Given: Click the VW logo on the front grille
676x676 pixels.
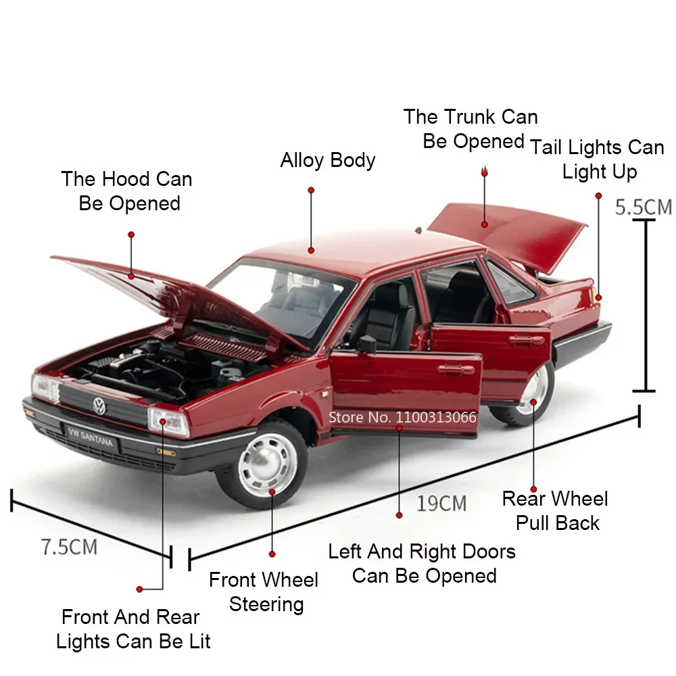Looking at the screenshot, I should click(99, 406).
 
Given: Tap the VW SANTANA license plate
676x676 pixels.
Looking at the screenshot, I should click(90, 435).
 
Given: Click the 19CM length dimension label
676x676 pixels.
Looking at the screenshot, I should click(441, 504).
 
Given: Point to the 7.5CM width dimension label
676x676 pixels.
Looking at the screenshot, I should click(69, 547).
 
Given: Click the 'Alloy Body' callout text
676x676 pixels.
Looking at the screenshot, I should click(328, 161).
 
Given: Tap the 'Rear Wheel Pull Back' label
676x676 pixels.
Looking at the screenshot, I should click(556, 511).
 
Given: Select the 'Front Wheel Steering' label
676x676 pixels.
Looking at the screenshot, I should click(264, 592).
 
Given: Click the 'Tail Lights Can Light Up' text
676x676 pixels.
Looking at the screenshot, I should click(598, 160).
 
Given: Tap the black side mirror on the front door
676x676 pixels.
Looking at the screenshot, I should click(366, 344).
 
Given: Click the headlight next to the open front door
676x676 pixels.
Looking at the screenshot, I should click(168, 422).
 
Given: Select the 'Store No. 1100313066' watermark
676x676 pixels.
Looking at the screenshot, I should click(402, 417).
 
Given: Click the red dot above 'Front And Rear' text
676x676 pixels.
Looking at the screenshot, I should click(140, 589).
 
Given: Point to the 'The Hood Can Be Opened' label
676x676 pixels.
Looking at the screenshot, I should click(127, 191).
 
